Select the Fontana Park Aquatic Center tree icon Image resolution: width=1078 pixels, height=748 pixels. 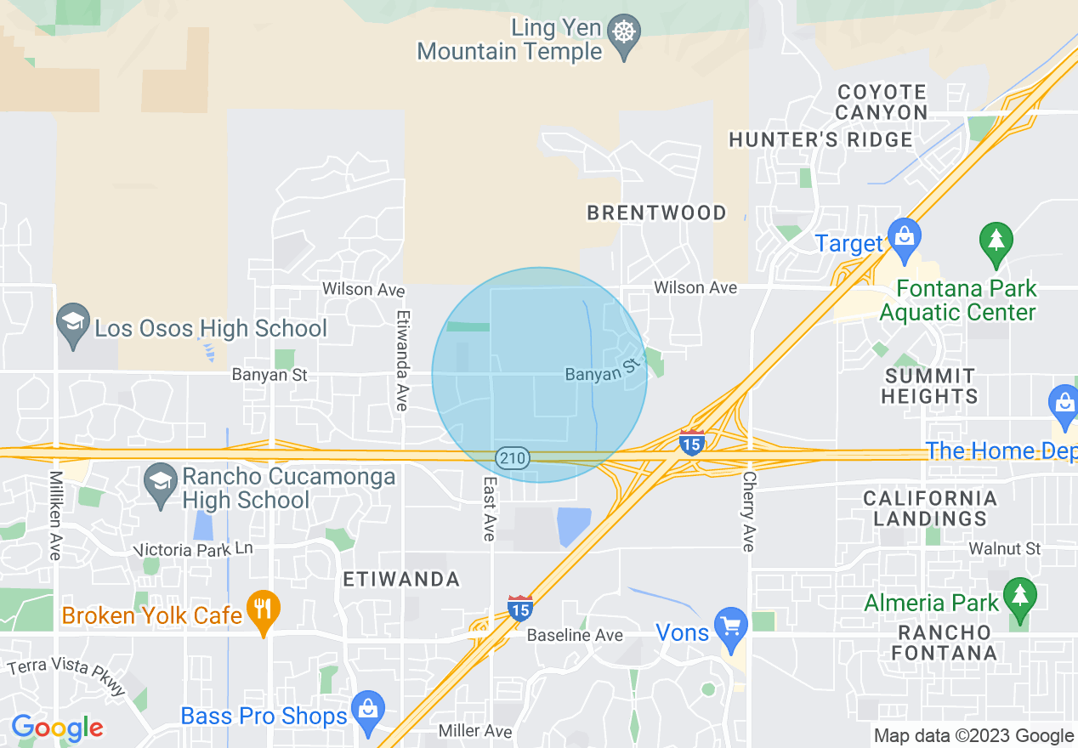pos(996,244)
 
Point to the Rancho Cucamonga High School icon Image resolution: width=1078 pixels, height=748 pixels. pos(161,485)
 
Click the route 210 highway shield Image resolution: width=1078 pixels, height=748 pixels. pos(513,459)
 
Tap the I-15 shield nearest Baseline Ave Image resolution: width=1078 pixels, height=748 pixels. pos(520,609)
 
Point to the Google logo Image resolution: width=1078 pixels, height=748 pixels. pos(57,728)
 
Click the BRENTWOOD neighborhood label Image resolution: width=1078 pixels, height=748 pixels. pos(657,212)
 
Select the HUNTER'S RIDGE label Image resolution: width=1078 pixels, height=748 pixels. pos(820,139)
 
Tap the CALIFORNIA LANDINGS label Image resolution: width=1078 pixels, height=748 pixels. pos(930,508)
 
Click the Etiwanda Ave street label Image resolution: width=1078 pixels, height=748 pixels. pos(401,360)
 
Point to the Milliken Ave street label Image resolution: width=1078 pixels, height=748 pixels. pos(55,515)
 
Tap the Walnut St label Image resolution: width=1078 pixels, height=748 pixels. pos(1004,549)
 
